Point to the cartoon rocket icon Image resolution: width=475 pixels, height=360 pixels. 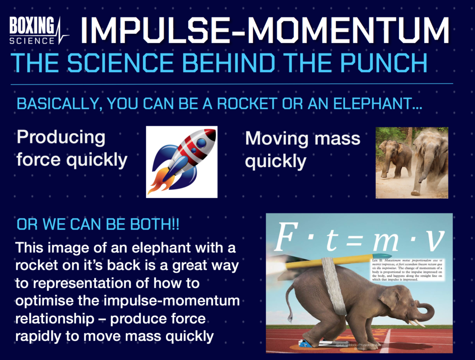tap(181, 161)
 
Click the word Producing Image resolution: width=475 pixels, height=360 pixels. tap(61, 138)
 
